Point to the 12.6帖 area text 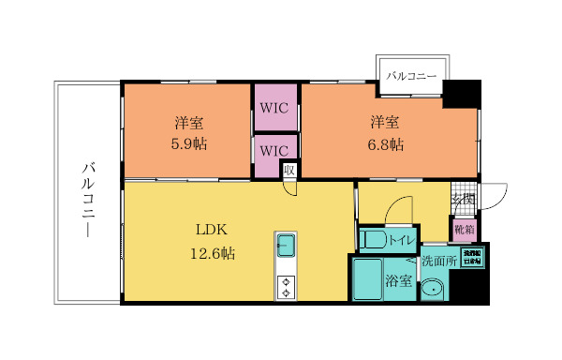214,253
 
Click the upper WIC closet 274,108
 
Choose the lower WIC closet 274,150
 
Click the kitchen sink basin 286,247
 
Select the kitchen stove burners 286,287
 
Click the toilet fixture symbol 371,239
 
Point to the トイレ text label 402,240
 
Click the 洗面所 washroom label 438,262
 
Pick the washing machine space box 470,257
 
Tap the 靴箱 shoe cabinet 464,229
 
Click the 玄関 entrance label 464,200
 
